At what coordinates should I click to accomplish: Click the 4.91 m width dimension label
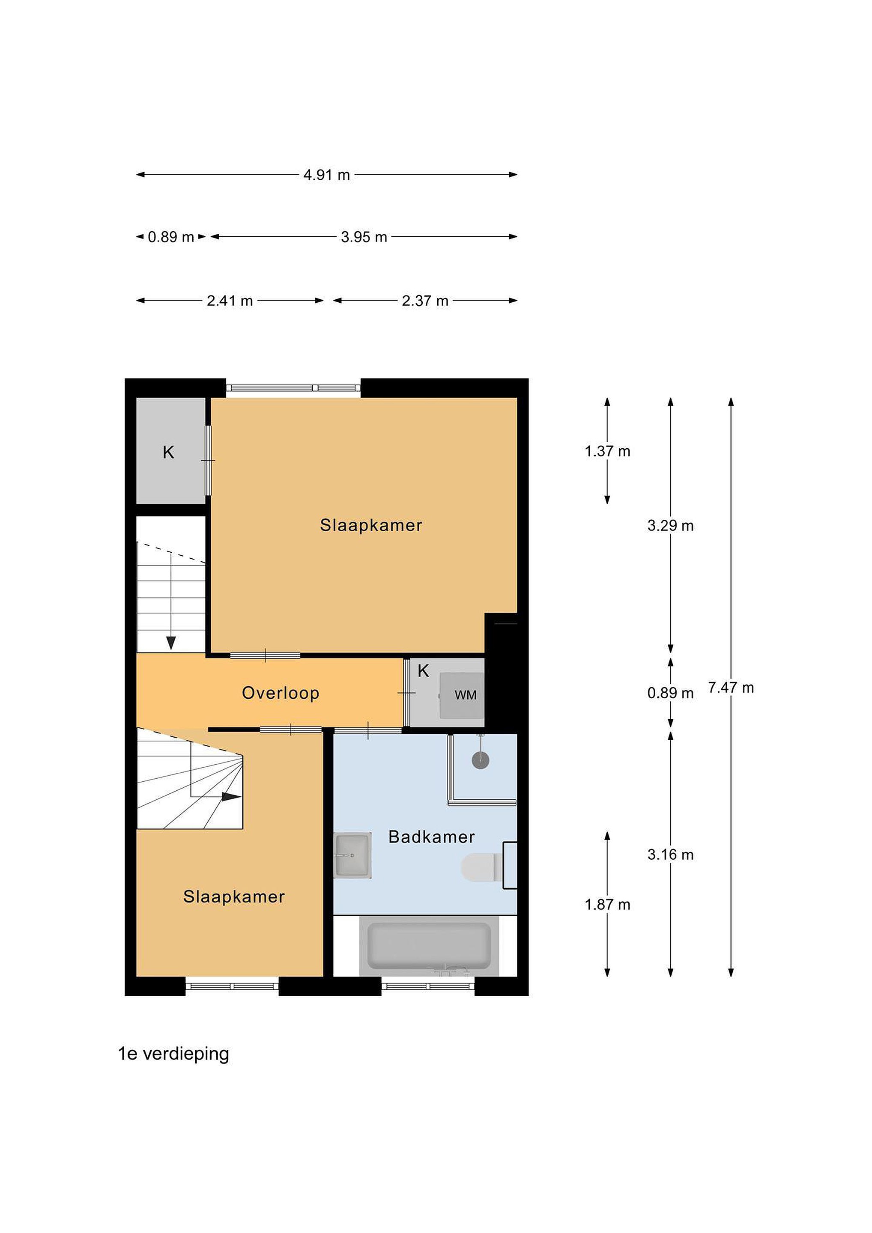(x=327, y=175)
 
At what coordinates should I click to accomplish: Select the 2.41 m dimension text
(x=230, y=301)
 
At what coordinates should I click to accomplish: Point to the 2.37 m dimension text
(x=425, y=301)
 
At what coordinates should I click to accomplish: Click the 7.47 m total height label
(x=731, y=688)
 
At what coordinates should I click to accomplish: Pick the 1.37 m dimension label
(x=607, y=451)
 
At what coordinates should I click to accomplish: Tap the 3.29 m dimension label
(x=671, y=525)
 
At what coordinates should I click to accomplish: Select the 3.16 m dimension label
(x=671, y=855)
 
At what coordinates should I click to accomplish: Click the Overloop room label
(x=281, y=693)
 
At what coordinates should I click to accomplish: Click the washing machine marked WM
(x=462, y=695)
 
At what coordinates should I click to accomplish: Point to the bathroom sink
(x=352, y=855)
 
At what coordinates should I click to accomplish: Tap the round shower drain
(x=481, y=760)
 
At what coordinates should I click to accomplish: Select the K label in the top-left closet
(x=169, y=453)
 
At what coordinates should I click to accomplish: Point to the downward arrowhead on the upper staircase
(x=171, y=643)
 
